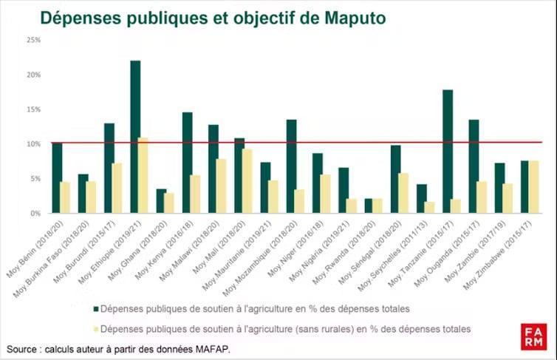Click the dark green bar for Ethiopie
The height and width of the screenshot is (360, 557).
pyautogui.click(x=135, y=137)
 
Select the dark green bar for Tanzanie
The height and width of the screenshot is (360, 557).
pyautogui.click(x=447, y=152)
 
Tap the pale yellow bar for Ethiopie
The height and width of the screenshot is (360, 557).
pyautogui.click(x=144, y=175)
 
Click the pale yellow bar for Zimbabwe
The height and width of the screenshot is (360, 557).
pyautogui.click(x=534, y=187)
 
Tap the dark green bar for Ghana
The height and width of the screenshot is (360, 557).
pyautogui.click(x=161, y=201)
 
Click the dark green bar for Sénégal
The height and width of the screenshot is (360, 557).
pyautogui.click(x=395, y=179)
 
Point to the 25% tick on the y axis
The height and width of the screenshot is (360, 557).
pyautogui.click(x=33, y=40)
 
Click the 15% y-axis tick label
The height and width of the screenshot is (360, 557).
pyautogui.click(x=33, y=109)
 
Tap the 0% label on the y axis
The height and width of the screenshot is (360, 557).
pyautogui.click(x=35, y=213)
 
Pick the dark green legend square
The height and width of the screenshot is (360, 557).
pyautogui.click(x=95, y=308)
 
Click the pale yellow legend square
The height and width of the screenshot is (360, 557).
pyautogui.click(x=95, y=327)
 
